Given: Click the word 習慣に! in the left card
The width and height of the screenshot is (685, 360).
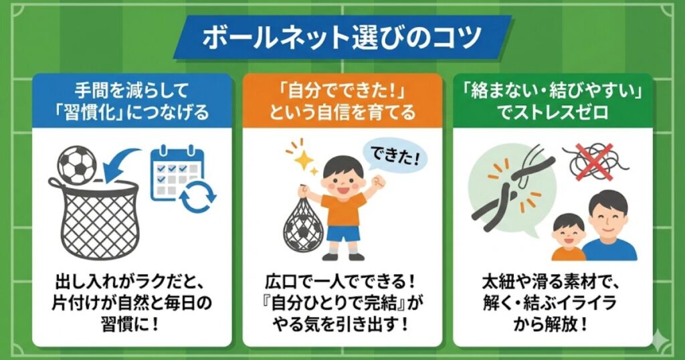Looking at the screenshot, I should (132, 325).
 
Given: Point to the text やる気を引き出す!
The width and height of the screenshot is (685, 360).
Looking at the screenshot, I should (342, 325).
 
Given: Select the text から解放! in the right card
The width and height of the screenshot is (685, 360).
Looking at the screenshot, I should (552, 325).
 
